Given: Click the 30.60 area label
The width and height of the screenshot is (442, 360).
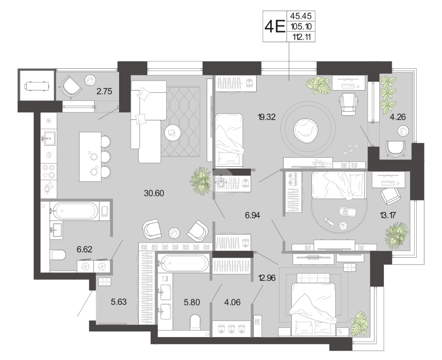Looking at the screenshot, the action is [153, 193].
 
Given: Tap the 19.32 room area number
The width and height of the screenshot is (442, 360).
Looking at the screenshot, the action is [266, 117].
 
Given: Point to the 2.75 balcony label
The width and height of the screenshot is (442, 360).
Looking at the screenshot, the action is [104, 91].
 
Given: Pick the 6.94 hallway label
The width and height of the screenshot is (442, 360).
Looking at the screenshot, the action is [252, 216].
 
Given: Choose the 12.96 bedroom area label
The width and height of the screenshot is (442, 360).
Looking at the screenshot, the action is [267, 278].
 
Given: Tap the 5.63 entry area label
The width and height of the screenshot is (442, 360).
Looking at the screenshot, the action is [119, 302].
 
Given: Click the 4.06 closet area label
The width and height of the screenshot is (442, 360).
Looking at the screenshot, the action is [232, 303].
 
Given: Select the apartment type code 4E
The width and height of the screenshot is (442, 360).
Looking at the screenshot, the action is [275, 27].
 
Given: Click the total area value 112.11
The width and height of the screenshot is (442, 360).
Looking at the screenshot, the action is [301, 37].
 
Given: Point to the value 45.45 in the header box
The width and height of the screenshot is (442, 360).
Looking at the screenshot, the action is [301, 16].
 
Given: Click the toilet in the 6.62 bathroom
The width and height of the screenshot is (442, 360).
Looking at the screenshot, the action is [58, 255].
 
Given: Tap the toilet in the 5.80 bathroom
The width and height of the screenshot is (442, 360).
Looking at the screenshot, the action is [195, 322].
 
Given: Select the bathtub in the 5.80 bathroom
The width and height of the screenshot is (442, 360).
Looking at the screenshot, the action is [183, 263].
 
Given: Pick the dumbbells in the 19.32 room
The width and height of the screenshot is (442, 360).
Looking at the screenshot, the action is [350, 149].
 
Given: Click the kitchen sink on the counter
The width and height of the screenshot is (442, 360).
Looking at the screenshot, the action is [50, 138].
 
